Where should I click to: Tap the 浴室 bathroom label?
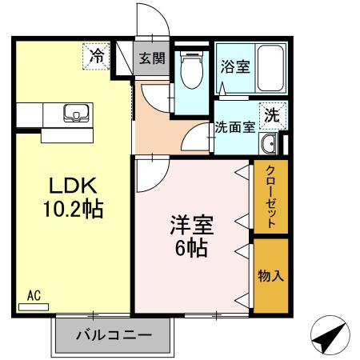coord(234,67)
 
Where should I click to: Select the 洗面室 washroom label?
coord(234,126)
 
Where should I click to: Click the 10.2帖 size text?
coord(72,210)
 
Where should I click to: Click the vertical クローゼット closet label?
coord(271,197)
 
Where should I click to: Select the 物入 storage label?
coord(270,276)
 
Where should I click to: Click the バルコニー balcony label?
coord(113,334)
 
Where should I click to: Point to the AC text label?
coord(34,295)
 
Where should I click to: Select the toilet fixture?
coord(192,71)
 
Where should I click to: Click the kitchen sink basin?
coord(74,113)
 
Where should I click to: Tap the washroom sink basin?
coord(270,144)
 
